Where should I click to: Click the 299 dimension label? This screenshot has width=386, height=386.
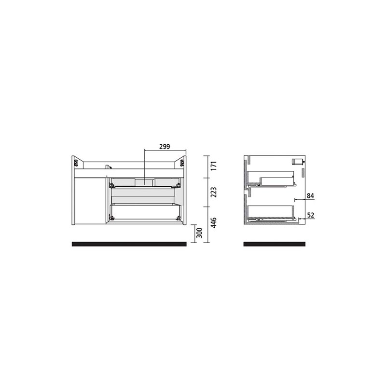pyautogui.click(x=165, y=147)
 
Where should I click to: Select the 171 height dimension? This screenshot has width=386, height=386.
pyautogui.click(x=214, y=166)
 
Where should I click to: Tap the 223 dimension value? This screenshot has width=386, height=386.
pyautogui.click(x=214, y=192)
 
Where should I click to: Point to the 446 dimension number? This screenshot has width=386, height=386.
pyautogui.click(x=214, y=222)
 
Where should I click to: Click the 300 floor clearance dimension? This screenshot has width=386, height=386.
pyautogui.click(x=200, y=233)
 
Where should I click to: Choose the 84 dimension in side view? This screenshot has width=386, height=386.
pyautogui.click(x=310, y=196)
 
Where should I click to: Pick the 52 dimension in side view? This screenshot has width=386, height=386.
pyautogui.click(x=311, y=215)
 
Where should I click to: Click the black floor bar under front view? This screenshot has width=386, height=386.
pyautogui.click(x=129, y=244)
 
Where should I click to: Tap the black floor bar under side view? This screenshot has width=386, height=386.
pyautogui.click(x=275, y=244)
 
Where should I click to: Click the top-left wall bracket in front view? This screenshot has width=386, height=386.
pyautogui.click(x=75, y=163)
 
